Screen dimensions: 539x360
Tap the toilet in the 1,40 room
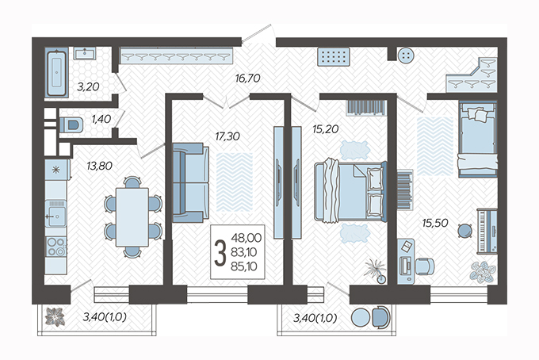pyautogui.click(x=71, y=124)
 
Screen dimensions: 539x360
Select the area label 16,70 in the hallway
pyautogui.click(x=247, y=78)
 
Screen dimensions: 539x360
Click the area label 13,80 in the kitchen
pyautogui.click(x=99, y=166)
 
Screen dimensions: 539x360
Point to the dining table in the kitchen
pyautogui.click(x=132, y=217)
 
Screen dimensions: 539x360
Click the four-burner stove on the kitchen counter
pyautogui.click(x=56, y=247)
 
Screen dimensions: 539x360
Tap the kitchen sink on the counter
pyautogui.click(x=55, y=213)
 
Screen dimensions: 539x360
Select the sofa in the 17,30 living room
pyautogui.click(x=190, y=182)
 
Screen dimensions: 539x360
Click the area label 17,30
pyautogui.click(x=227, y=136)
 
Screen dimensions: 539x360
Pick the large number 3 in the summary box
pyautogui.click(x=220, y=253)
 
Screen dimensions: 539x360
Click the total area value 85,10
pyautogui.click(x=244, y=266)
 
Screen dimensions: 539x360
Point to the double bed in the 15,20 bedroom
pyautogui.click(x=350, y=192)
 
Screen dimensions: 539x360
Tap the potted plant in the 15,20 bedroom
pyautogui.click(x=377, y=271)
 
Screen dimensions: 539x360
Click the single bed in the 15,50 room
pyautogui.click(x=478, y=139)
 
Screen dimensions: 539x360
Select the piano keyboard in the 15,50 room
pyautogui.click(x=487, y=231)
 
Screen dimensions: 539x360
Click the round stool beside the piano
pyautogui.click(x=464, y=231)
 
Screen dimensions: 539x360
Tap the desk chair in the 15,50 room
pyautogui.click(x=425, y=266)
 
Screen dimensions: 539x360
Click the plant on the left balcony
pyautogui.click(x=55, y=316)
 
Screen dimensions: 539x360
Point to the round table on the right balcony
pyautogui.click(x=361, y=317)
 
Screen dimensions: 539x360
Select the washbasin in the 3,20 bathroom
pyautogui.click(x=85, y=54)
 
